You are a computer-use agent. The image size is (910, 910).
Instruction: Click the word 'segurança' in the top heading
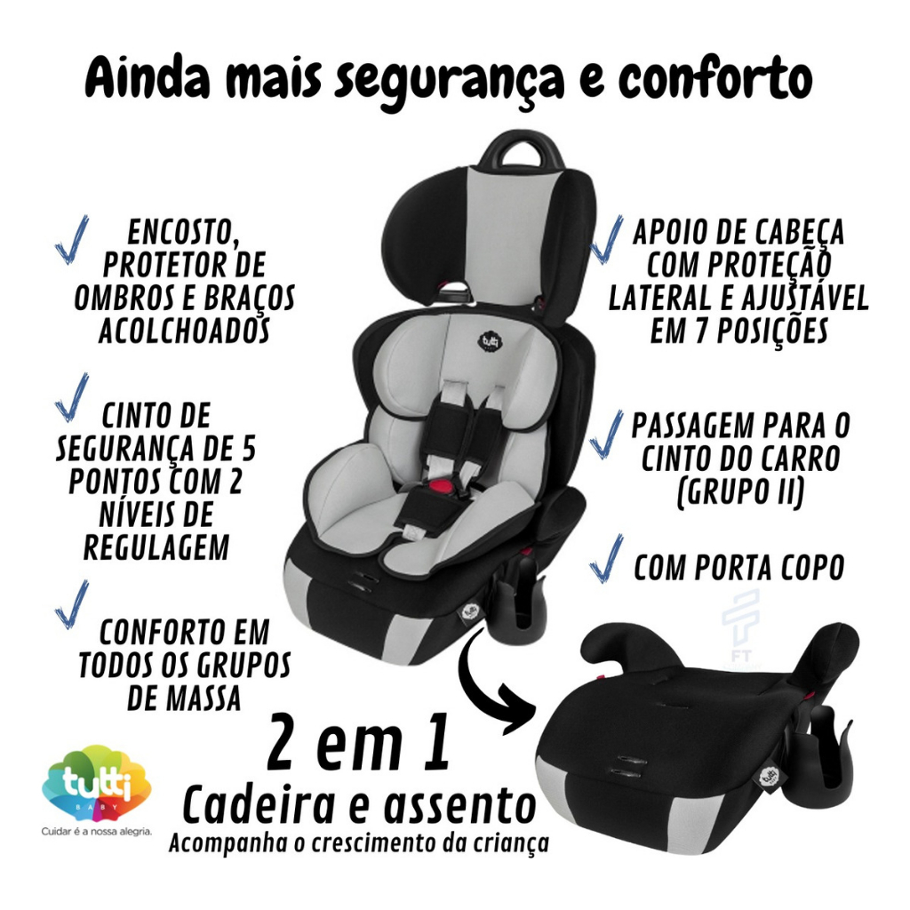pyautogui.click(x=448, y=81)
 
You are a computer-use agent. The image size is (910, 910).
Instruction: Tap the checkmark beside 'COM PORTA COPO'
pyautogui.click(x=606, y=558)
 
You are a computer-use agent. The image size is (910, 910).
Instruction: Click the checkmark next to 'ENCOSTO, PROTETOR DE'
pyautogui.click(x=71, y=239)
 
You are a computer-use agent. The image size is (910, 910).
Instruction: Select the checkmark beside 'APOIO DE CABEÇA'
pyautogui.click(x=606, y=239)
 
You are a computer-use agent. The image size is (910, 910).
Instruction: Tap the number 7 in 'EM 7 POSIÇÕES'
pyautogui.click(x=698, y=332)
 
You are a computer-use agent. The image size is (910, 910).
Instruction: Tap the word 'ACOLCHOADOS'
pyautogui.click(x=185, y=331)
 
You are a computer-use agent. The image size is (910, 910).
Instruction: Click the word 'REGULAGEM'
pyautogui.click(x=156, y=547)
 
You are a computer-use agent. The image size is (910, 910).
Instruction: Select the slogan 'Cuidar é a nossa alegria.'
pyautogui.click(x=96, y=832)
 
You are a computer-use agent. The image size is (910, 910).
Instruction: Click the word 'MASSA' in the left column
pyautogui.click(x=184, y=698)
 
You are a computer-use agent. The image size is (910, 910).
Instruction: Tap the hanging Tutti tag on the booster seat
pyautogui.click(x=769, y=776)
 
